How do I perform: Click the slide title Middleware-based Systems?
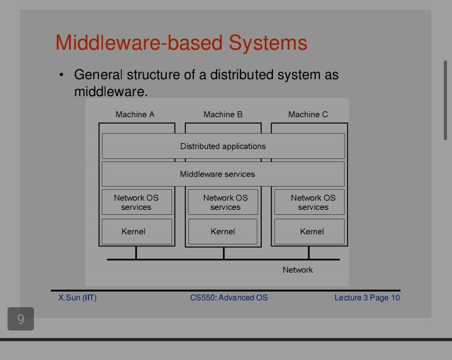click(x=181, y=43)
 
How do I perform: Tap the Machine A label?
click(x=135, y=114)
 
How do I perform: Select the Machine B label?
click(x=223, y=114)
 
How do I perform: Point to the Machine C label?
click(x=308, y=114)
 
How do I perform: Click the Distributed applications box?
click(x=223, y=146)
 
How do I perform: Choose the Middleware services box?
click(x=223, y=174)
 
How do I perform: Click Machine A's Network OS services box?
click(x=137, y=202)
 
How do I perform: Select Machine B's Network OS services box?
click(x=223, y=202)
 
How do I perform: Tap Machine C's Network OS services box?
click(x=309, y=202)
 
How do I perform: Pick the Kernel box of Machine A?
click(x=137, y=231)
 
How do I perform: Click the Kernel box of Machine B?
click(x=223, y=231)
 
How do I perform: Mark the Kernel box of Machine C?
click(x=309, y=231)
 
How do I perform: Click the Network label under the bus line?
click(x=298, y=270)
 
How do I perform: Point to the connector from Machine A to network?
click(x=136, y=253)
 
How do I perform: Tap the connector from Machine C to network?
click(x=309, y=253)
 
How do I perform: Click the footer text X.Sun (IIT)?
click(x=77, y=297)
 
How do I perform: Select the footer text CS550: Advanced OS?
click(x=229, y=297)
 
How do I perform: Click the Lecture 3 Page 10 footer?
click(x=367, y=297)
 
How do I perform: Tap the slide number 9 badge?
click(x=21, y=319)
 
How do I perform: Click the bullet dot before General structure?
click(x=61, y=75)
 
